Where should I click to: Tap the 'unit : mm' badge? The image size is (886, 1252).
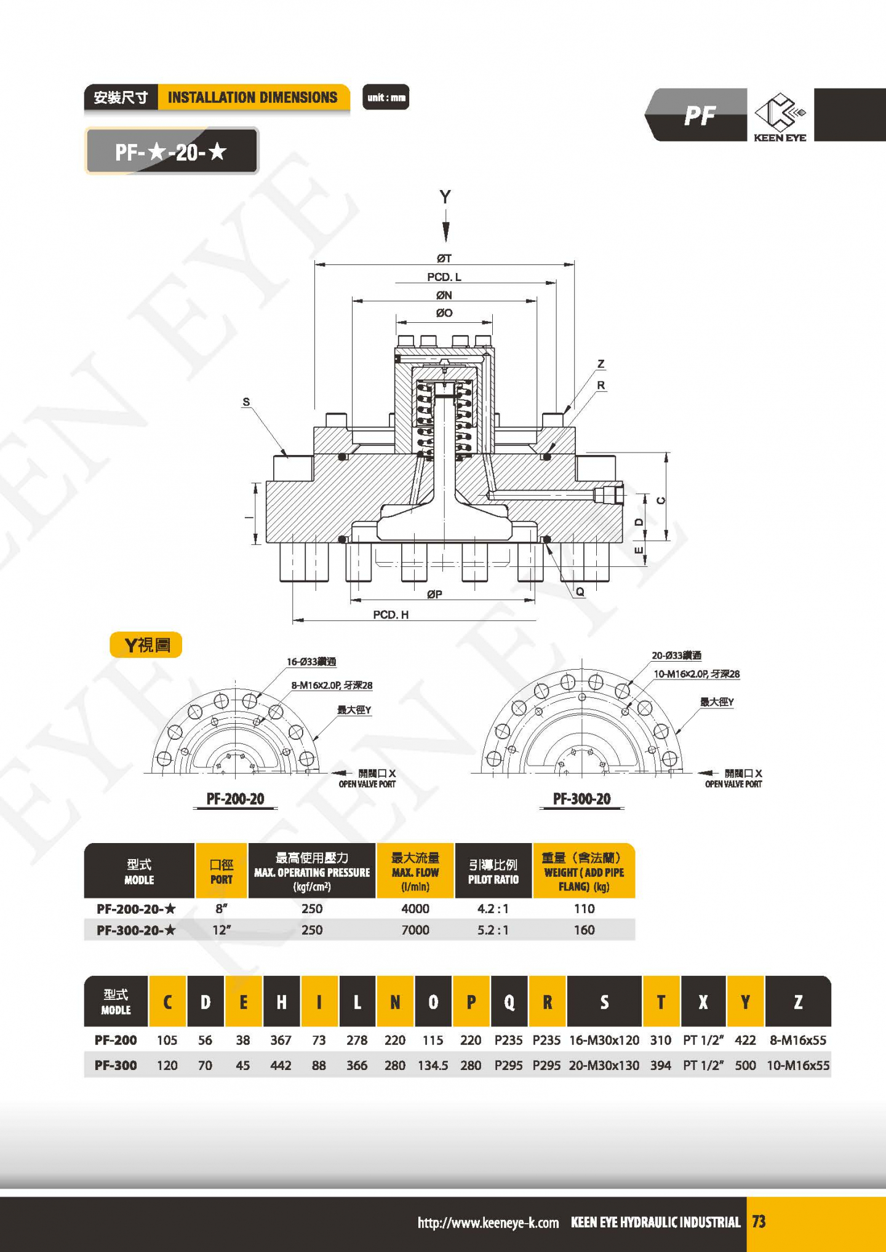point(386,97)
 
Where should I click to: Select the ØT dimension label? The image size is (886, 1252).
point(444,258)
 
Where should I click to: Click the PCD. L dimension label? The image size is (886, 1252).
point(444,277)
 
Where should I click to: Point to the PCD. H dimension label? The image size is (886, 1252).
point(391,614)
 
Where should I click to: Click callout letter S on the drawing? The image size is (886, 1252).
point(246,402)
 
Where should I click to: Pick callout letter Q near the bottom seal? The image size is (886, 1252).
point(580,592)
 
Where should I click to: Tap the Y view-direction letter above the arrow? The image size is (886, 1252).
point(445,197)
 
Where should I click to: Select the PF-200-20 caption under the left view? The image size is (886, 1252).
point(235,799)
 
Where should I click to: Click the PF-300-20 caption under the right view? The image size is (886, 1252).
point(581,799)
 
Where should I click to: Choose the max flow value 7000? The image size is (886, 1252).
point(415,930)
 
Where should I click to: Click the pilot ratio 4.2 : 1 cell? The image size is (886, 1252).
point(493,908)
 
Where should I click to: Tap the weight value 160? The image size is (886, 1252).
point(584,930)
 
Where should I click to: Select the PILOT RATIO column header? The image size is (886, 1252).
point(493,871)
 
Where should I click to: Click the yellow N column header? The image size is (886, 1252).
point(395,1002)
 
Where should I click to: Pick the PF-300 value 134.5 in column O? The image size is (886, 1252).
point(433,1065)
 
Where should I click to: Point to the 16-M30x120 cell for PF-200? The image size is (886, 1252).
point(604,1040)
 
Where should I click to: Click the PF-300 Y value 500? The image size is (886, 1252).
point(745,1065)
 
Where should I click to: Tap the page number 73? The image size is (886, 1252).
point(759,1221)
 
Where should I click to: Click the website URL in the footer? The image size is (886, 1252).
point(488,1222)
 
